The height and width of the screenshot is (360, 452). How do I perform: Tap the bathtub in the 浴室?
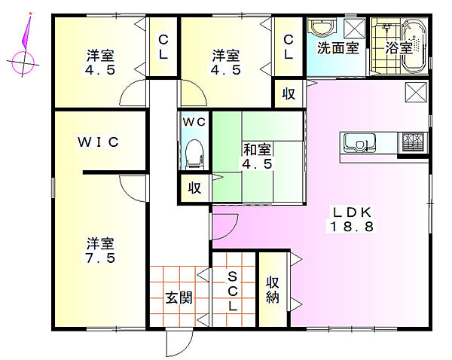point(414,46)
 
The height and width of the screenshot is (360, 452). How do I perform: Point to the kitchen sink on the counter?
point(359,143)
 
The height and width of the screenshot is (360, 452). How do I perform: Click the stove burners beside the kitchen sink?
point(413,142)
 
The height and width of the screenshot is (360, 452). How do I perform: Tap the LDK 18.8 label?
point(352,219)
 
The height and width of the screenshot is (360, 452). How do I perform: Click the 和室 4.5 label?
point(257,157)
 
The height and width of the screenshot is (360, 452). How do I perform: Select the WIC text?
point(98,142)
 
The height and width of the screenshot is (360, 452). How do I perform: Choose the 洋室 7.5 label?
point(100,251)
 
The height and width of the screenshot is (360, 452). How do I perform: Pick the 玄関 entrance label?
point(179,297)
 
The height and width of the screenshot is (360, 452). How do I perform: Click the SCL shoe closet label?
point(232,291)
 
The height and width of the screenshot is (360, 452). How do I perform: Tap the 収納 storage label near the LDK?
point(273,290)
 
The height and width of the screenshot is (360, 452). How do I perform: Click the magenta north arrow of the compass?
point(26,31)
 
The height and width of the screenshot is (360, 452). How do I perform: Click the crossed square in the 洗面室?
point(355,28)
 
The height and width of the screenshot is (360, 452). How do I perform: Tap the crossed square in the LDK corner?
point(416,92)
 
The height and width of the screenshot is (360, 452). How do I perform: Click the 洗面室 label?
point(338,48)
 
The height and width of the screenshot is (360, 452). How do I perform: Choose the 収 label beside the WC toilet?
point(194,188)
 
